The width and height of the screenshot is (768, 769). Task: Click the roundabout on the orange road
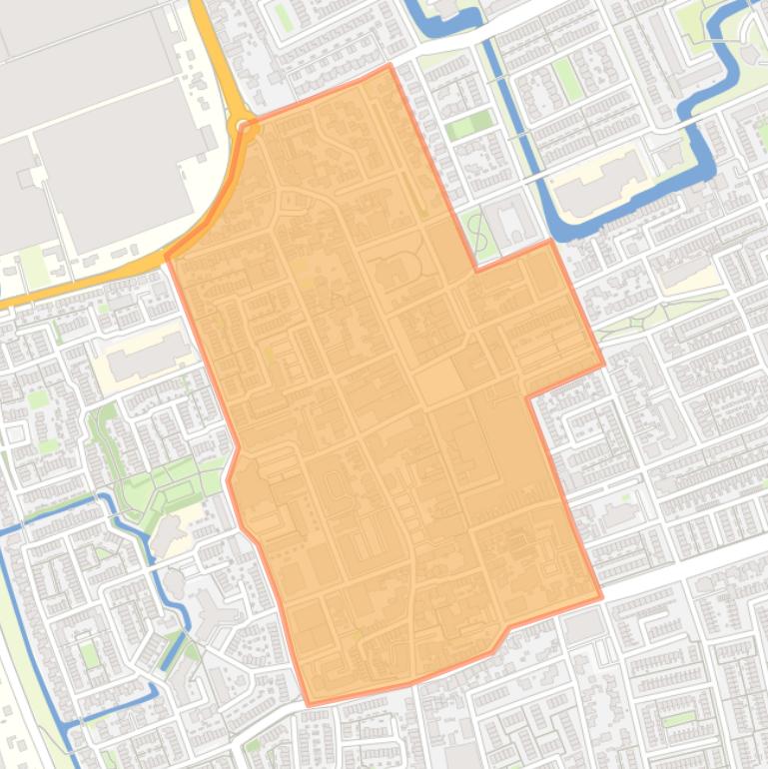(242, 126)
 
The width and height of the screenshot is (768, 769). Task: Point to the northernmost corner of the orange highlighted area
(389, 66)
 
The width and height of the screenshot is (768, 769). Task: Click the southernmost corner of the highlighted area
(308, 704)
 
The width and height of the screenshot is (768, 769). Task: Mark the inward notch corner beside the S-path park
(475, 270)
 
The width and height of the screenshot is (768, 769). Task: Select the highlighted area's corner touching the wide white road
(601, 598)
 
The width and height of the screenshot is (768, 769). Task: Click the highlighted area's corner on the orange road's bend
(167, 257)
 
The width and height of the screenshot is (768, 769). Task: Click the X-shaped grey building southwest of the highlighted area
(212, 611)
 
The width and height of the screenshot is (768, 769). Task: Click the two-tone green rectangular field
(469, 126)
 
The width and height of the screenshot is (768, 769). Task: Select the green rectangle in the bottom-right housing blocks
(679, 719)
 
